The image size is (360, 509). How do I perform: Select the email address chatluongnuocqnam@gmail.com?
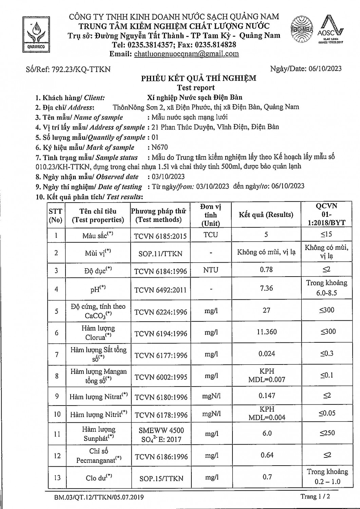tap(186, 54)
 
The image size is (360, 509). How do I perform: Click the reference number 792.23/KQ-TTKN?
tap(81, 69)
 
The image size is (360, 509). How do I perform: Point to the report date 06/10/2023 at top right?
tap(325, 69)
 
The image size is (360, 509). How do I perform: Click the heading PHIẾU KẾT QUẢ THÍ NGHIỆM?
tap(198, 78)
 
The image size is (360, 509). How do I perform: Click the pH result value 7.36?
tap(266, 288)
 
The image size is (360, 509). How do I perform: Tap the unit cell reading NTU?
tap(211, 270)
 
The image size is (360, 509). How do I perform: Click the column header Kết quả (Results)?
tap(266, 215)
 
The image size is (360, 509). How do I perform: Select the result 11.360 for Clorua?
tap(267, 332)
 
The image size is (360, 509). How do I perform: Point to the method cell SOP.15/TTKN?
tap(161, 478)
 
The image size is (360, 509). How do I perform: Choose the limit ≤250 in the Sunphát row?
tap(327, 433)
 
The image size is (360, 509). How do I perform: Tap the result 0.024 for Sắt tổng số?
tap(267, 354)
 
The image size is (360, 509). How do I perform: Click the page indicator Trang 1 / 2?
tap(315, 496)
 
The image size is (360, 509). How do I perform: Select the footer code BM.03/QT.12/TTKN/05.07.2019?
tap(99, 497)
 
